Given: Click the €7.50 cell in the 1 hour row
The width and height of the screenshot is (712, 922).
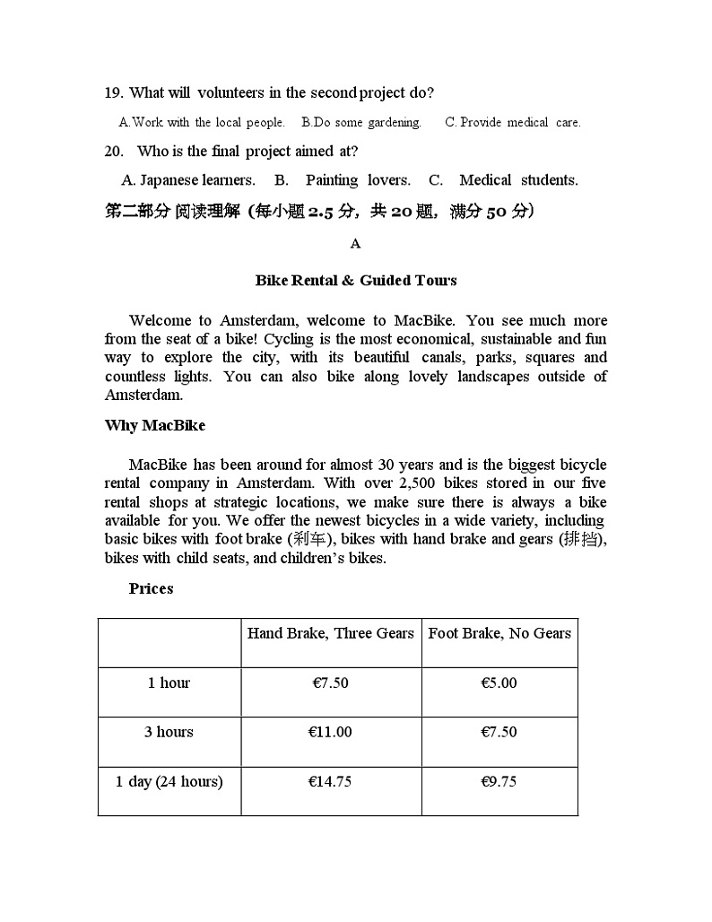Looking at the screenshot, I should (x=330, y=683).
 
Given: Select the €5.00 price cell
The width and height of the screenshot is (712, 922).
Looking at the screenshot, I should (x=499, y=683).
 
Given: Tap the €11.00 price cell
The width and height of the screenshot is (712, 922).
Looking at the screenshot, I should (x=330, y=733).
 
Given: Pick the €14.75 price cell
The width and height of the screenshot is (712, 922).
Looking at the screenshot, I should (x=330, y=782).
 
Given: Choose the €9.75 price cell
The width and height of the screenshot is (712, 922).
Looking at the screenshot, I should (x=499, y=782).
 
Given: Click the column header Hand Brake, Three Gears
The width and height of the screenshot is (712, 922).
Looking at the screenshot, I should (x=330, y=634).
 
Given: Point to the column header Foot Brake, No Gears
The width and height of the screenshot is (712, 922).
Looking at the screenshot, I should (x=499, y=634).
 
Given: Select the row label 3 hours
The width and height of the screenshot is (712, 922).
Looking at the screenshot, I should (x=169, y=733).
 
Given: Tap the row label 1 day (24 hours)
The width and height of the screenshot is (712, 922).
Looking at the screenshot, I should (x=169, y=782).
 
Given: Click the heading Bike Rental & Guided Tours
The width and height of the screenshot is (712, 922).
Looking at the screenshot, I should (x=356, y=281).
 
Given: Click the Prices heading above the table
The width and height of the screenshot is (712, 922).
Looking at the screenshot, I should (x=151, y=589).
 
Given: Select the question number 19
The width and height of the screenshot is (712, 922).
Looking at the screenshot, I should (x=113, y=93).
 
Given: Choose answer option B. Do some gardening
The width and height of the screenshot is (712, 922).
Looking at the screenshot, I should (x=361, y=123).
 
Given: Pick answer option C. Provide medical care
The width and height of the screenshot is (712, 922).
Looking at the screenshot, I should (x=513, y=123).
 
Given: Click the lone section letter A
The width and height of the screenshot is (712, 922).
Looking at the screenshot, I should (x=355, y=244).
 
